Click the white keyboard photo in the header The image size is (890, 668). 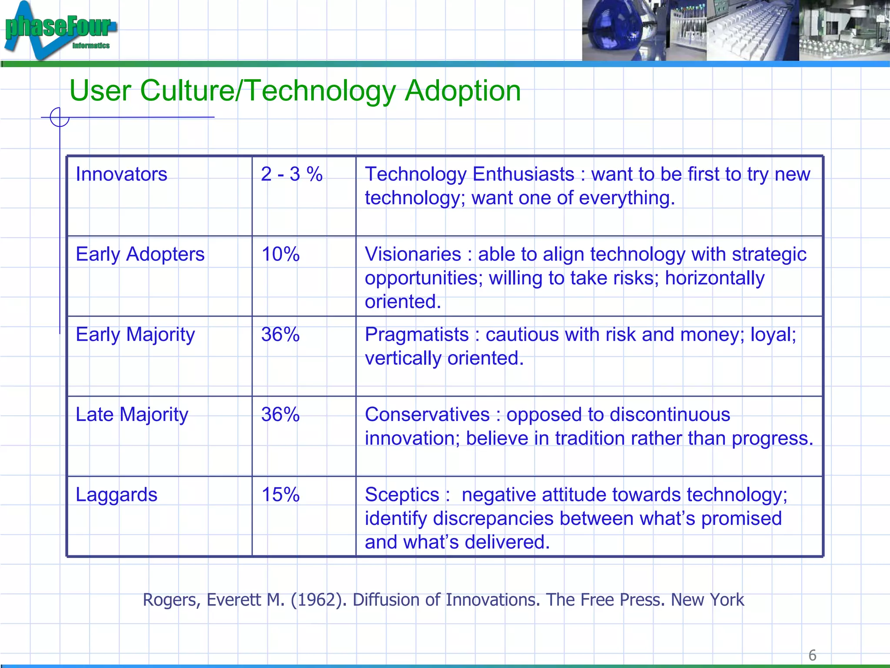[752, 30]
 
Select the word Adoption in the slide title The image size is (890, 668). [462, 91]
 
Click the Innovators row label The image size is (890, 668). [121, 174]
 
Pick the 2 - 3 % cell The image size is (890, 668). [292, 174]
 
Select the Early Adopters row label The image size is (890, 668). [140, 254]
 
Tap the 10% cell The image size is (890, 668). [280, 254]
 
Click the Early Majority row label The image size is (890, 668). [135, 335]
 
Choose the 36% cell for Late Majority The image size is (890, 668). [280, 415]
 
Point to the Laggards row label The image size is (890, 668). [116, 495]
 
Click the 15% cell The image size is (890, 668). [280, 495]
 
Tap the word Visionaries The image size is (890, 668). [413, 254]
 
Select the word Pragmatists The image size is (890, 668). [417, 335]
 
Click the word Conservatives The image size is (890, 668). [427, 415]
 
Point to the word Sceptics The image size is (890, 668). [402, 495]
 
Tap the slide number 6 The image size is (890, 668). [812, 655]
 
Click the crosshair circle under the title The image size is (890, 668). [60, 117]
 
